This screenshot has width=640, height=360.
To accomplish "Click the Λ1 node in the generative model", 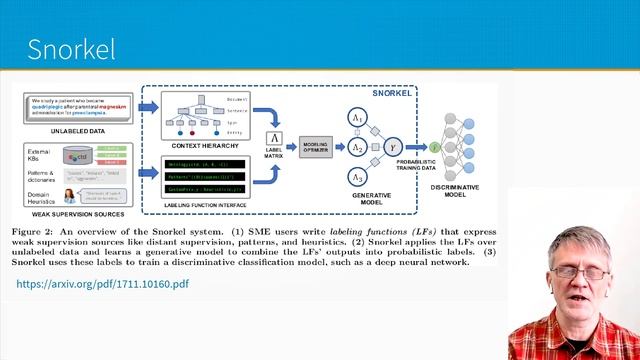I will tap(357, 118).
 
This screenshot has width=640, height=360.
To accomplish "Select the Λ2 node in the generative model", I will tap(357, 147).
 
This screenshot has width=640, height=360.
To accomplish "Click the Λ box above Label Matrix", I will tap(273, 138).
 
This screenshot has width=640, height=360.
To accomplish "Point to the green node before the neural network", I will tap(434, 147).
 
